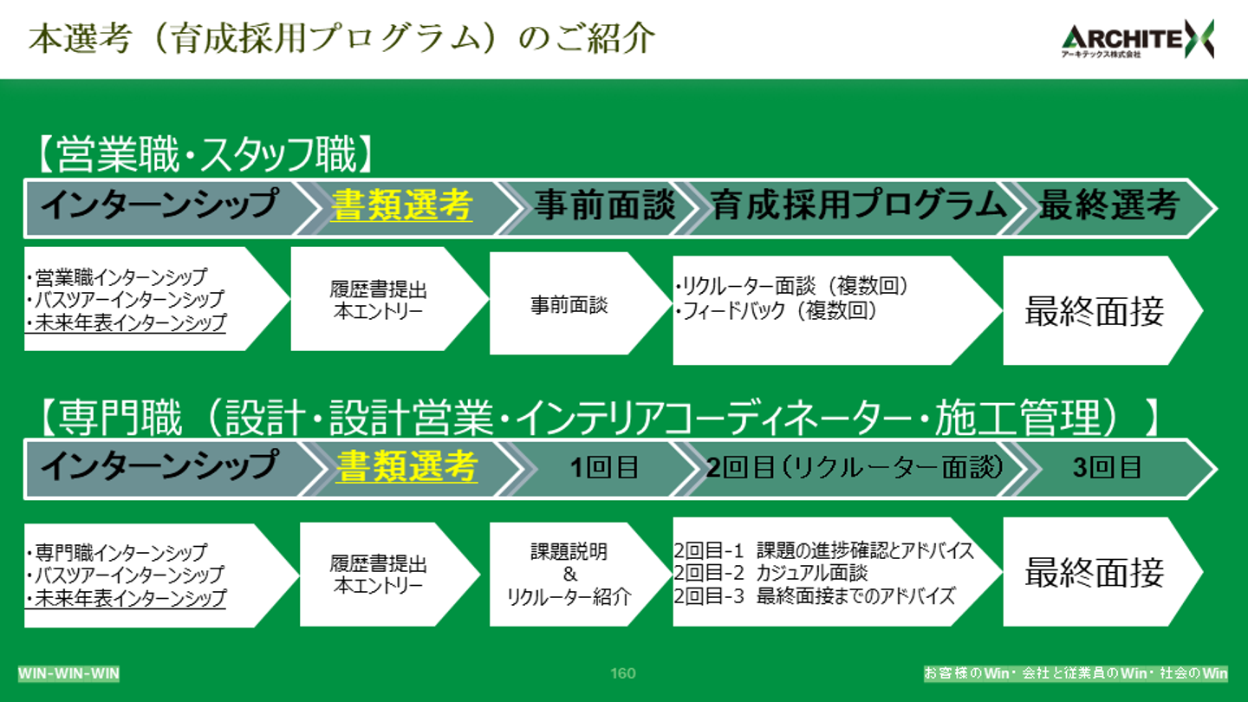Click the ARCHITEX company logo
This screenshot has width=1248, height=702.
(1137, 39)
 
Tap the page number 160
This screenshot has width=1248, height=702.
(622, 673)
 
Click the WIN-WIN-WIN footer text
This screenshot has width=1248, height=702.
(69, 673)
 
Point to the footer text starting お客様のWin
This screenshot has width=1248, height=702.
(1076, 673)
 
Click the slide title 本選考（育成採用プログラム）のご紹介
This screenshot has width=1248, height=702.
(341, 39)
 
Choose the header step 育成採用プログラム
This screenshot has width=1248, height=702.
(858, 206)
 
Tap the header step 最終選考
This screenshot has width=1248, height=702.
(1108, 206)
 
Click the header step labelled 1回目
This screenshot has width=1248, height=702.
(604, 468)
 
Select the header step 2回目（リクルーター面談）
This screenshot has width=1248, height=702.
(855, 468)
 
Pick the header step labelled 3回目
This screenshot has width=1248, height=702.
(1107, 468)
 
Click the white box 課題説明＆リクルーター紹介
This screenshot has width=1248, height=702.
(569, 574)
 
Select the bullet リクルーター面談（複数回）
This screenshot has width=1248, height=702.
(790, 287)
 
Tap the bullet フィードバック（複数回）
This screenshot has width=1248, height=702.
(776, 310)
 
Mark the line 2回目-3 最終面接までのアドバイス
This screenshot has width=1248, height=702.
(814, 596)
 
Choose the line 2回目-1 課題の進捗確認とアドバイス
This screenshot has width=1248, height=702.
(823, 550)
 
